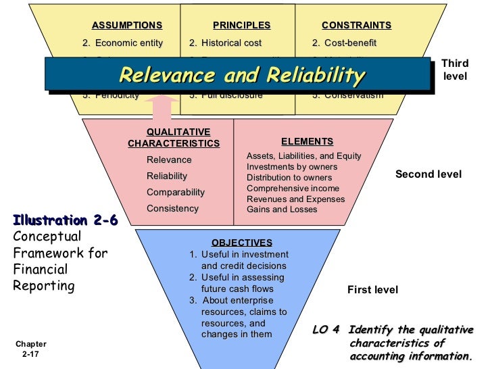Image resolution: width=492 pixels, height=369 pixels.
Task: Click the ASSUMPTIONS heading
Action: point(127,26)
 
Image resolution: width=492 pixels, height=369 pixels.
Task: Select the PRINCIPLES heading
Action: point(241,26)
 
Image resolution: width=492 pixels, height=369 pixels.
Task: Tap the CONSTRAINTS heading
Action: point(356,26)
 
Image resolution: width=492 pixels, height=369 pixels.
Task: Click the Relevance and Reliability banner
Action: point(241,76)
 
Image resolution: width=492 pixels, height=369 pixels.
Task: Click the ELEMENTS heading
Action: point(307,142)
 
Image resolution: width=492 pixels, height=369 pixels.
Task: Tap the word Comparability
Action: point(175,193)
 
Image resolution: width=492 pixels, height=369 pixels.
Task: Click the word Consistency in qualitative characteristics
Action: point(172,209)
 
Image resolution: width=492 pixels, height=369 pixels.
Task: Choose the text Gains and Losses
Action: point(282,210)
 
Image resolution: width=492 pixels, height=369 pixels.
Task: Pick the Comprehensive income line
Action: point(293,189)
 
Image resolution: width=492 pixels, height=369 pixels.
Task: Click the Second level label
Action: point(428,174)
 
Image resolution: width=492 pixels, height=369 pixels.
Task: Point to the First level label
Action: point(372,290)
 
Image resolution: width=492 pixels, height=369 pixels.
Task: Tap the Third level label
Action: point(454,70)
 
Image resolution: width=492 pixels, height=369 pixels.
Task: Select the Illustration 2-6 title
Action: point(65,220)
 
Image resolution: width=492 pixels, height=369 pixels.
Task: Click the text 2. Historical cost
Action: point(225,43)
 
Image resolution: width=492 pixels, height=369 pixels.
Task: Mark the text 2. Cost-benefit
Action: point(344,43)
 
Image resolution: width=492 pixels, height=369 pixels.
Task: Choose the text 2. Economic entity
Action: point(122,43)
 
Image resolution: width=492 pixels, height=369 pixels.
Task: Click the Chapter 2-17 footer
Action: point(31,349)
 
